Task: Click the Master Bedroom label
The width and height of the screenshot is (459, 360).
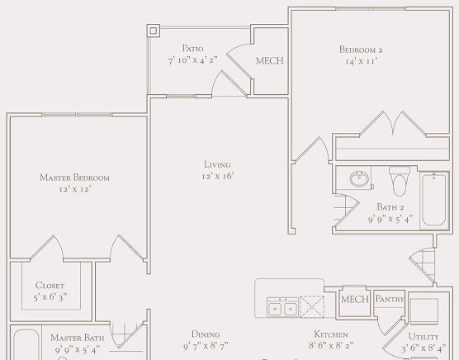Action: (74, 178)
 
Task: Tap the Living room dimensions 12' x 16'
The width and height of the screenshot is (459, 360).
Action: (217, 176)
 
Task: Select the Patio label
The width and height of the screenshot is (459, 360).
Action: (192, 48)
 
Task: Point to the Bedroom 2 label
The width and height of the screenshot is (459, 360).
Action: (361, 50)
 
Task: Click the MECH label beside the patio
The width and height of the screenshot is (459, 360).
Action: (270, 61)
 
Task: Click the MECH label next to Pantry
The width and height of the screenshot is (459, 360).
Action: (355, 300)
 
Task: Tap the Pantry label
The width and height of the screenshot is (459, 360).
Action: (390, 299)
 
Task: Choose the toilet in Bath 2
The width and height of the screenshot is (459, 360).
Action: (400, 181)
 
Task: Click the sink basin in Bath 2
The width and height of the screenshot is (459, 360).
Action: (359, 178)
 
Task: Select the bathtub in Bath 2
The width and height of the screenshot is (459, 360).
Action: (434, 200)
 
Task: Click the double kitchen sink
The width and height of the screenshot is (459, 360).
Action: (282, 307)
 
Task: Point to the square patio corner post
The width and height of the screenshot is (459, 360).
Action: (154, 31)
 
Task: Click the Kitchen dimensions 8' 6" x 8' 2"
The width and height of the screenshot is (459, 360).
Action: (331, 346)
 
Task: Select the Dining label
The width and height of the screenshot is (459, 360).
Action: (206, 334)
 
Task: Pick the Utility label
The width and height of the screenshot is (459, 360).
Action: (424, 337)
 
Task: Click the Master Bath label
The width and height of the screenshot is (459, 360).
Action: (78, 338)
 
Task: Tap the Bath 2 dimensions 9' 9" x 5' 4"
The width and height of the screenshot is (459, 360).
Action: (390, 219)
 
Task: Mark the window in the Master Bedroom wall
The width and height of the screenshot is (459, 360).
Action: (77, 115)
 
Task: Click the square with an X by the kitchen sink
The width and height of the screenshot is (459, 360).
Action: (312, 306)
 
